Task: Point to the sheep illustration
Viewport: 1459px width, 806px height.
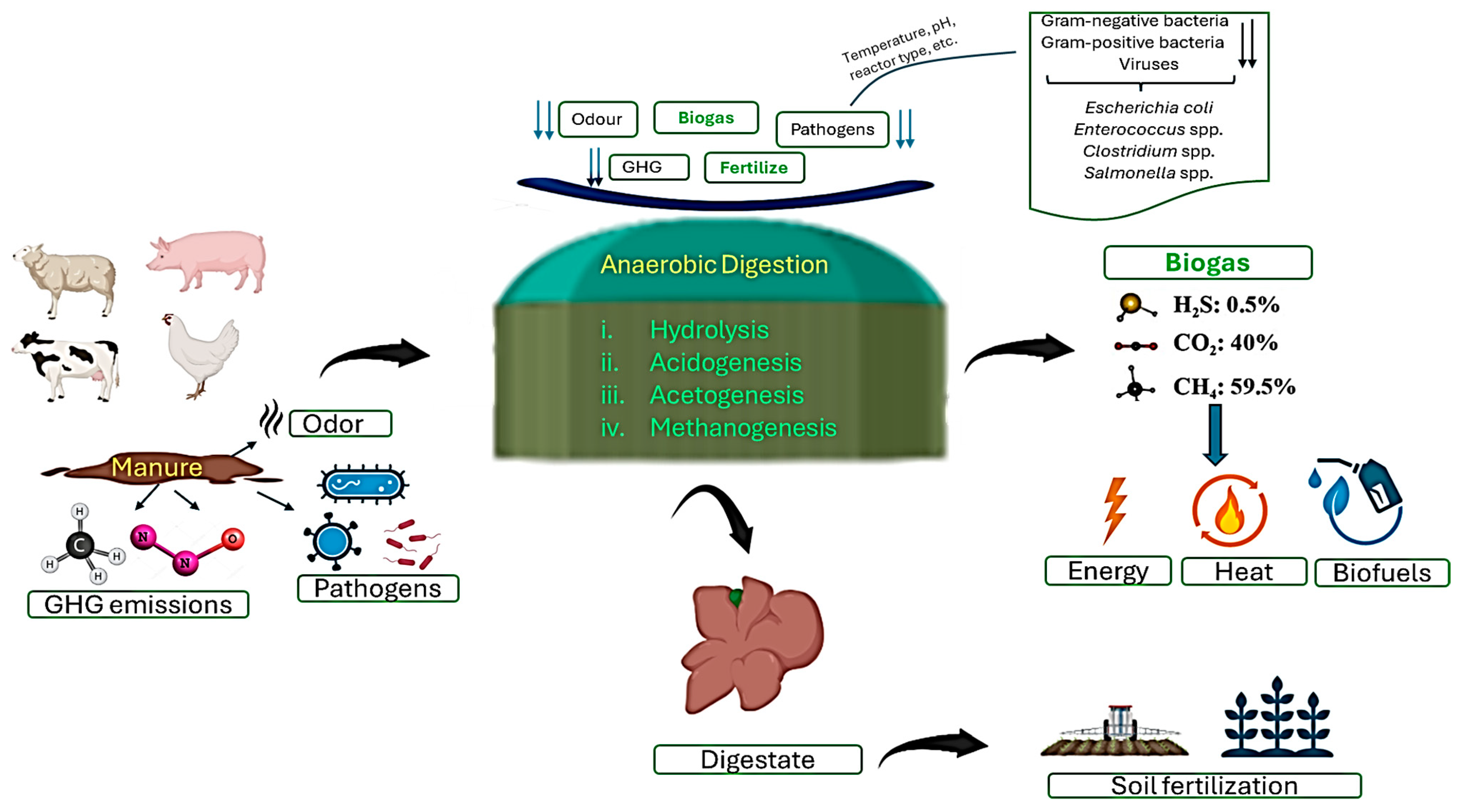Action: click(x=65, y=278)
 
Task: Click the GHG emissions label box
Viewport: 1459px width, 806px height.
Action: click(x=138, y=604)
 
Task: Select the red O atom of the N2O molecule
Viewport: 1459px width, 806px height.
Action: click(x=233, y=539)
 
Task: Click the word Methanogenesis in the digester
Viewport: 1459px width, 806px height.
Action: click(x=743, y=428)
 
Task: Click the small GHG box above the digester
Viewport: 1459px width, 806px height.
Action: click(x=648, y=167)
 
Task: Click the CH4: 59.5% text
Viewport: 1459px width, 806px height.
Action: click(x=1234, y=387)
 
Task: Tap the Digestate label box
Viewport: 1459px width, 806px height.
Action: click(x=757, y=759)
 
